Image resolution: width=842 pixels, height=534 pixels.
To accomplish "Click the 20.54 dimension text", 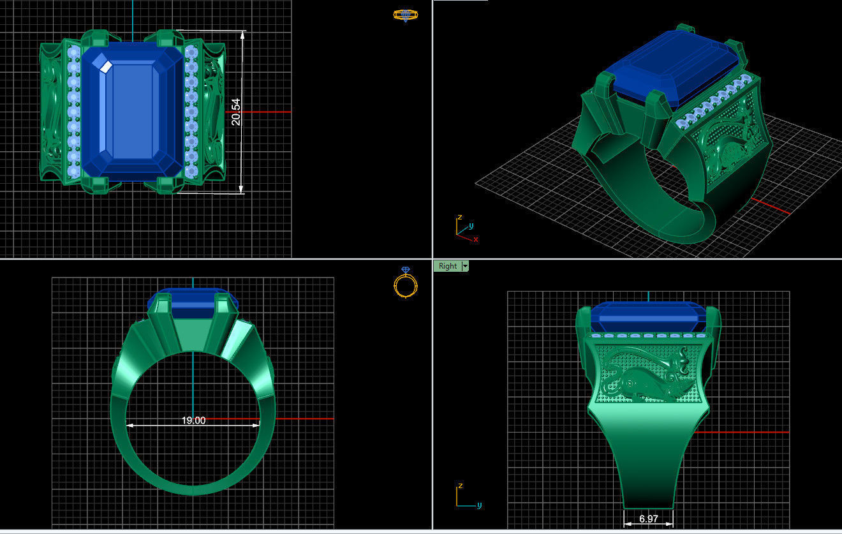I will coord(236,112).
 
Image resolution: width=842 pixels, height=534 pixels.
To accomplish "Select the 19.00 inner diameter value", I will coord(193,420).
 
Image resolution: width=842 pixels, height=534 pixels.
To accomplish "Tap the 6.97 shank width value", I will coord(648,519).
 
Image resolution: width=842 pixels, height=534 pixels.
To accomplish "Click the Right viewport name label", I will coord(448,266).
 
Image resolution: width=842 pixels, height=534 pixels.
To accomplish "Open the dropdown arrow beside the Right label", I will coord(465,266).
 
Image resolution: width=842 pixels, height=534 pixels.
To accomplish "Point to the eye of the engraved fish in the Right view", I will coord(631,382).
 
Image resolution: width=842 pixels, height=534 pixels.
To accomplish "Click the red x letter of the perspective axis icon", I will coord(476,239).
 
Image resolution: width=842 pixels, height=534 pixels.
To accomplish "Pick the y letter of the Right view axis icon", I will coord(478,505).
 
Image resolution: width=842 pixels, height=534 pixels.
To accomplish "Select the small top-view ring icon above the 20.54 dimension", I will coord(405,15).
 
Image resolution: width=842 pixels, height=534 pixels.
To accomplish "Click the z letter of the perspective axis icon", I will coord(459,218).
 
